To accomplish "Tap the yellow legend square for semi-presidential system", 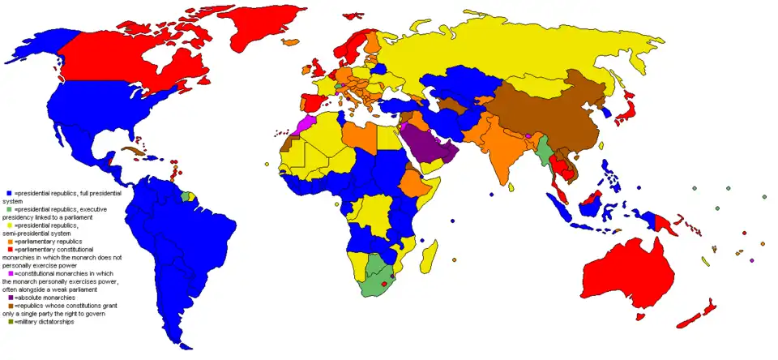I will (10, 225).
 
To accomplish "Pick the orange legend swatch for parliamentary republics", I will (10, 242).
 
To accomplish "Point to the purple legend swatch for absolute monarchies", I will (10, 298).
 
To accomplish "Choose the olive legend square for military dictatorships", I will (10, 322).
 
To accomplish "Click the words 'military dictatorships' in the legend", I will (45, 322).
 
